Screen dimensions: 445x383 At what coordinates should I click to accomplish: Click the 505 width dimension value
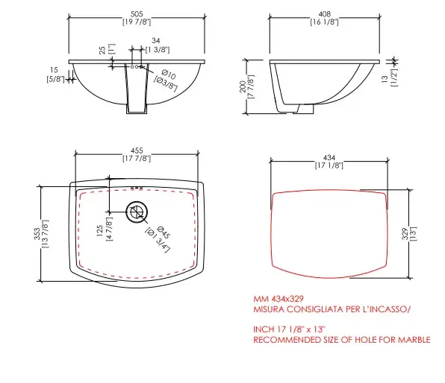click(x=137, y=14)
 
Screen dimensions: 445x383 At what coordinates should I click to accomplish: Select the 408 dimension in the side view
click(x=324, y=14)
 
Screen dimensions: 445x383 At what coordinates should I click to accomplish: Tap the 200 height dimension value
click(x=243, y=86)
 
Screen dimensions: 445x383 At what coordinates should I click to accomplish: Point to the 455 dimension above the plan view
click(x=137, y=151)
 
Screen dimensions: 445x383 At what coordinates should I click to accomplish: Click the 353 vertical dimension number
click(x=37, y=234)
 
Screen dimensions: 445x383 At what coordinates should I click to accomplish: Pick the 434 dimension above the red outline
click(x=329, y=157)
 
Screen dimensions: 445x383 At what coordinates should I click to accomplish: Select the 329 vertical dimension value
click(x=405, y=234)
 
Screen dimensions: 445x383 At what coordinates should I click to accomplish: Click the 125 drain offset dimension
click(x=100, y=231)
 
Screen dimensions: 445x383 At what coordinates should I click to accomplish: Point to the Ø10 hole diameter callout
click(x=169, y=75)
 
